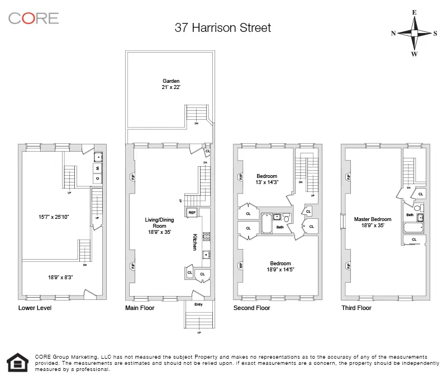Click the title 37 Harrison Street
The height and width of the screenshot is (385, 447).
[x=222, y=28]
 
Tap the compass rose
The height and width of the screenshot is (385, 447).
[x=414, y=33]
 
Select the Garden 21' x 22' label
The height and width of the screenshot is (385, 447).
[x=171, y=84]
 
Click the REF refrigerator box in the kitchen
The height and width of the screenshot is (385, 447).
[x=192, y=213]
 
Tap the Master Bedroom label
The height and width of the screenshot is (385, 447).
[x=372, y=223]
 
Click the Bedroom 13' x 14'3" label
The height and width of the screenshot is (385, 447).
[x=267, y=180]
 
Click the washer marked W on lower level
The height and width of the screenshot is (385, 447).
[x=97, y=168]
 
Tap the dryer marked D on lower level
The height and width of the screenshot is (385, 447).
[x=97, y=179]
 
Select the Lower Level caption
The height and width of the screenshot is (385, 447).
[x=35, y=308]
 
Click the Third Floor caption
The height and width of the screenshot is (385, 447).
[x=356, y=308]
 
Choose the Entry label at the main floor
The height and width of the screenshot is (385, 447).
[x=198, y=304]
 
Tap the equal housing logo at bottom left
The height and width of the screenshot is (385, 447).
[x=17, y=362]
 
